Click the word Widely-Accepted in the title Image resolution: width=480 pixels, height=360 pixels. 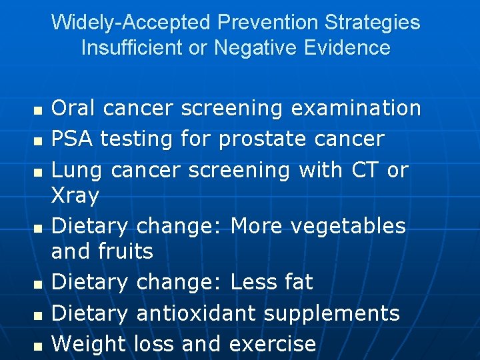(x=131, y=23)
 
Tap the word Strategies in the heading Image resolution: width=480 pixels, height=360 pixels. (x=372, y=23)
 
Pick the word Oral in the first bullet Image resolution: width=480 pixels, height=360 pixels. (x=73, y=108)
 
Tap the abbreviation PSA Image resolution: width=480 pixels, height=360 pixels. (x=72, y=139)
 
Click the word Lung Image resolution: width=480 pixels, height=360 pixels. (x=76, y=170)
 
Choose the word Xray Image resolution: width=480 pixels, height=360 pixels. (x=75, y=196)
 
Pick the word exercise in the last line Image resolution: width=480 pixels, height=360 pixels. (x=272, y=344)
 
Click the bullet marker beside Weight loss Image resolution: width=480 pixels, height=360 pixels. (x=37, y=345)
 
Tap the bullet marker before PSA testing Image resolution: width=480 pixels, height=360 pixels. (x=37, y=141)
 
